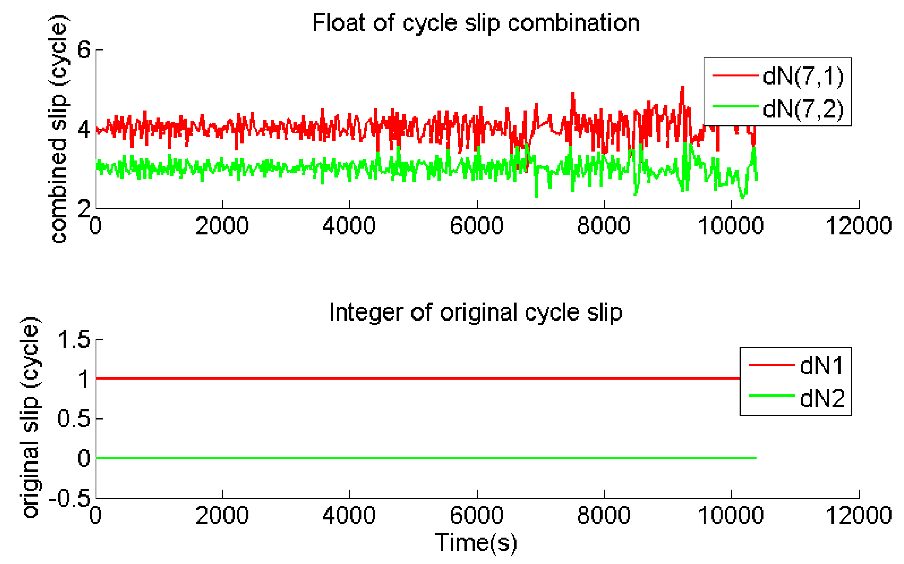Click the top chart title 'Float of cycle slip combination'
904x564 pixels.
[476, 23]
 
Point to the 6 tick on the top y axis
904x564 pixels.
[84, 50]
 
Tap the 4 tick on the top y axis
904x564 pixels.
[84, 129]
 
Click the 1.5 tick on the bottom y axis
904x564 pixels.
[74, 340]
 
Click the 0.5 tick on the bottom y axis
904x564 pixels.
[74, 419]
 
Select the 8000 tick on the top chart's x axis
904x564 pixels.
[603, 226]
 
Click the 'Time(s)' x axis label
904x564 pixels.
[476, 543]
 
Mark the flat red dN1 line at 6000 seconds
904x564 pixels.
[477, 379]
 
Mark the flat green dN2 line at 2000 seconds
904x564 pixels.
[222, 458]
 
